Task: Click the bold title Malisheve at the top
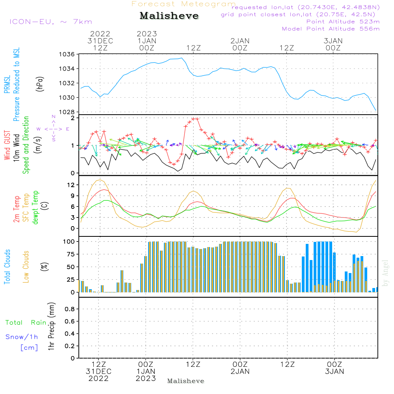point(169,16)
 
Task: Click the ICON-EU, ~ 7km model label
point(50,22)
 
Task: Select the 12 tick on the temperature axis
point(71,185)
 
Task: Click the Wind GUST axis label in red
point(7,146)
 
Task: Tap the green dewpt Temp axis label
point(35,208)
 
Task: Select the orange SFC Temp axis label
point(26,208)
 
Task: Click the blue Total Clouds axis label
point(7,267)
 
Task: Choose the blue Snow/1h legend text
point(22,337)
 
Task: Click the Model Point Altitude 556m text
point(331,29)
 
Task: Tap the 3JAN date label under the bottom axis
point(334,371)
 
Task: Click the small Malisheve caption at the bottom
point(186,381)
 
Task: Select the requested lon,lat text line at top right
point(305,7)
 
